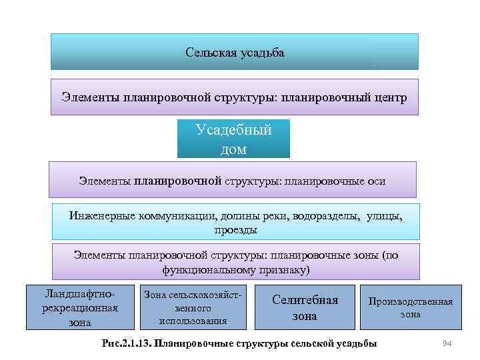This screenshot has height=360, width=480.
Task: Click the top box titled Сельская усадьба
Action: (235, 52)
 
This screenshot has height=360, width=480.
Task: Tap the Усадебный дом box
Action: (233, 139)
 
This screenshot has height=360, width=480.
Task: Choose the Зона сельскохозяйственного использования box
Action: (192, 307)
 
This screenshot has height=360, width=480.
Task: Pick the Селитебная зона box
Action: (305, 307)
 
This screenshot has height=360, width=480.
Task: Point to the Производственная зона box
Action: (410, 307)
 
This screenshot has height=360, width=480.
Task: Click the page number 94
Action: (448, 343)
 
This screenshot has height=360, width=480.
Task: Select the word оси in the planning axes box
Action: (377, 181)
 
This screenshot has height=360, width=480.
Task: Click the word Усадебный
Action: (233, 130)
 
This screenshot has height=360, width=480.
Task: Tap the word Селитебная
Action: (305, 300)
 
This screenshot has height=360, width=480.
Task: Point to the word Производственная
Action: (410, 302)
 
